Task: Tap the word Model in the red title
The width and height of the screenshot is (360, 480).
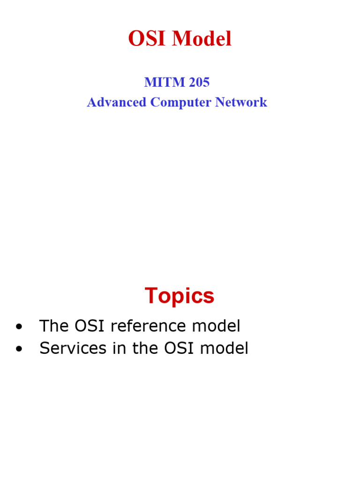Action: click(202, 39)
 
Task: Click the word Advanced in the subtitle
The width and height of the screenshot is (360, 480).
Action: click(117, 102)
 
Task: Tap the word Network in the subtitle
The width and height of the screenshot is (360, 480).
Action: click(241, 102)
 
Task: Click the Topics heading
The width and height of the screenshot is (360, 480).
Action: click(180, 296)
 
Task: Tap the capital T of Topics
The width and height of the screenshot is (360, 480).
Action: click(151, 296)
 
